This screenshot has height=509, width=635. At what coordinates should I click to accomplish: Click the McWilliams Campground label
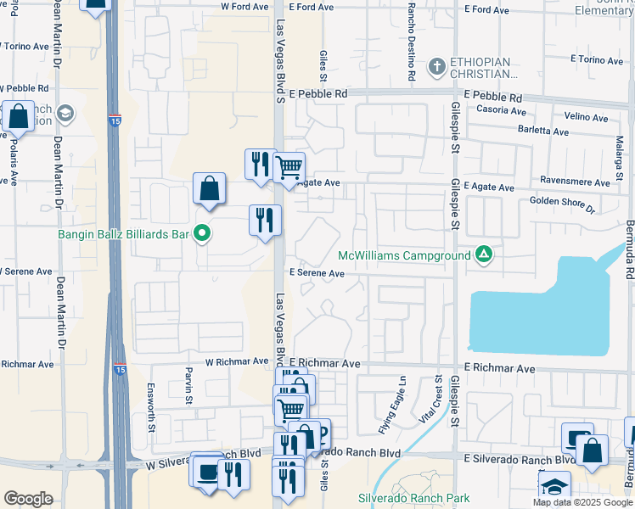point(404,255)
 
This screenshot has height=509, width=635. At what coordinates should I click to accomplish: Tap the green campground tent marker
point(484,254)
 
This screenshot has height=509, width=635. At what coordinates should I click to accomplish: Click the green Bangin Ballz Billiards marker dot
point(202,232)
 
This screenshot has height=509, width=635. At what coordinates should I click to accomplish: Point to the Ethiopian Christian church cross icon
point(436,66)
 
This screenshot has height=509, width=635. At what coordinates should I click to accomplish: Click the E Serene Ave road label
point(317,274)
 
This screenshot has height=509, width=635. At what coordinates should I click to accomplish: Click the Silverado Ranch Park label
point(413,498)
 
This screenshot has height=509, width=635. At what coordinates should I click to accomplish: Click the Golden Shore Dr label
point(563,204)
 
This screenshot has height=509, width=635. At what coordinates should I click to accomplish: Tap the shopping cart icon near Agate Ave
point(289,166)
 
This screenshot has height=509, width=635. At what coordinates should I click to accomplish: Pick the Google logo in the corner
point(28,499)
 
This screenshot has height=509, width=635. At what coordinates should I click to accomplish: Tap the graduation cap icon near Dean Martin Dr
point(65,114)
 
